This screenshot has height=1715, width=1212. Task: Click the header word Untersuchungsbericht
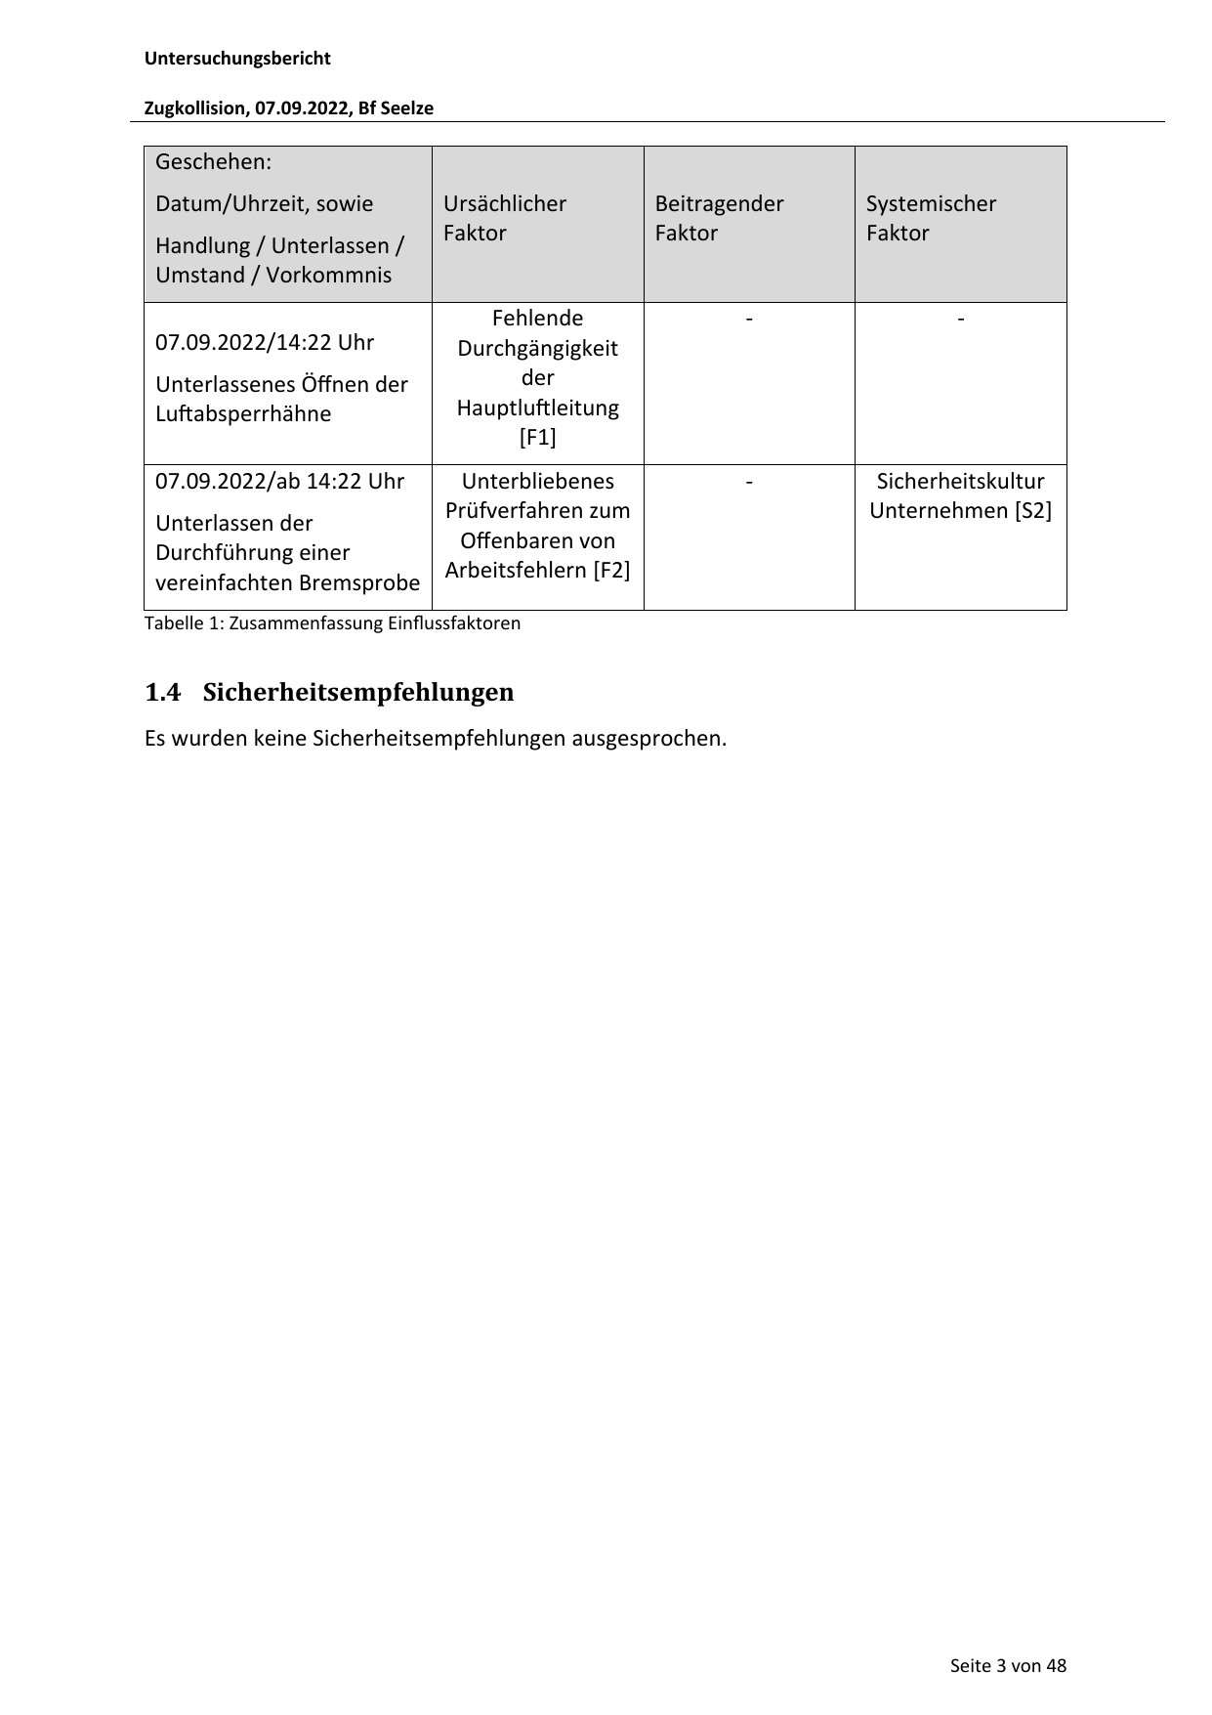(237, 59)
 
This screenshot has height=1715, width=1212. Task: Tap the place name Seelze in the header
(406, 108)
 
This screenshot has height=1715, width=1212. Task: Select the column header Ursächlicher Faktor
(504, 218)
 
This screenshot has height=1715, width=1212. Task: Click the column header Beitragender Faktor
(718, 218)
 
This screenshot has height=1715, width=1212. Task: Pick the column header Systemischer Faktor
(930, 218)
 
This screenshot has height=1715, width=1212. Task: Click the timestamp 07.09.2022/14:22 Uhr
(265, 342)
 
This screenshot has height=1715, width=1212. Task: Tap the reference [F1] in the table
(537, 437)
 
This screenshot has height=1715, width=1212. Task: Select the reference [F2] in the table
(611, 570)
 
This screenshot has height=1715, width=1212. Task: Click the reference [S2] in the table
(1032, 510)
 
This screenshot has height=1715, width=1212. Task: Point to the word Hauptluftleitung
(537, 407)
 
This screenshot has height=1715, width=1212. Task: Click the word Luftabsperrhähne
(243, 413)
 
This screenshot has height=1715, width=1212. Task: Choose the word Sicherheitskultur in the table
(960, 481)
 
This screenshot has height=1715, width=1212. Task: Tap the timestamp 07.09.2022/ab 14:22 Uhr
(279, 481)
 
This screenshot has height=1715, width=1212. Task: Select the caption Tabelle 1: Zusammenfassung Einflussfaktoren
(332, 623)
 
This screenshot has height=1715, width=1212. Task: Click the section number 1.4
(162, 693)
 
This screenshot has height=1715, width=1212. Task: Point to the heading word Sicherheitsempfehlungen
(357, 693)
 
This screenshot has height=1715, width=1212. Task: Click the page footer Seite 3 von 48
(1008, 1665)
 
